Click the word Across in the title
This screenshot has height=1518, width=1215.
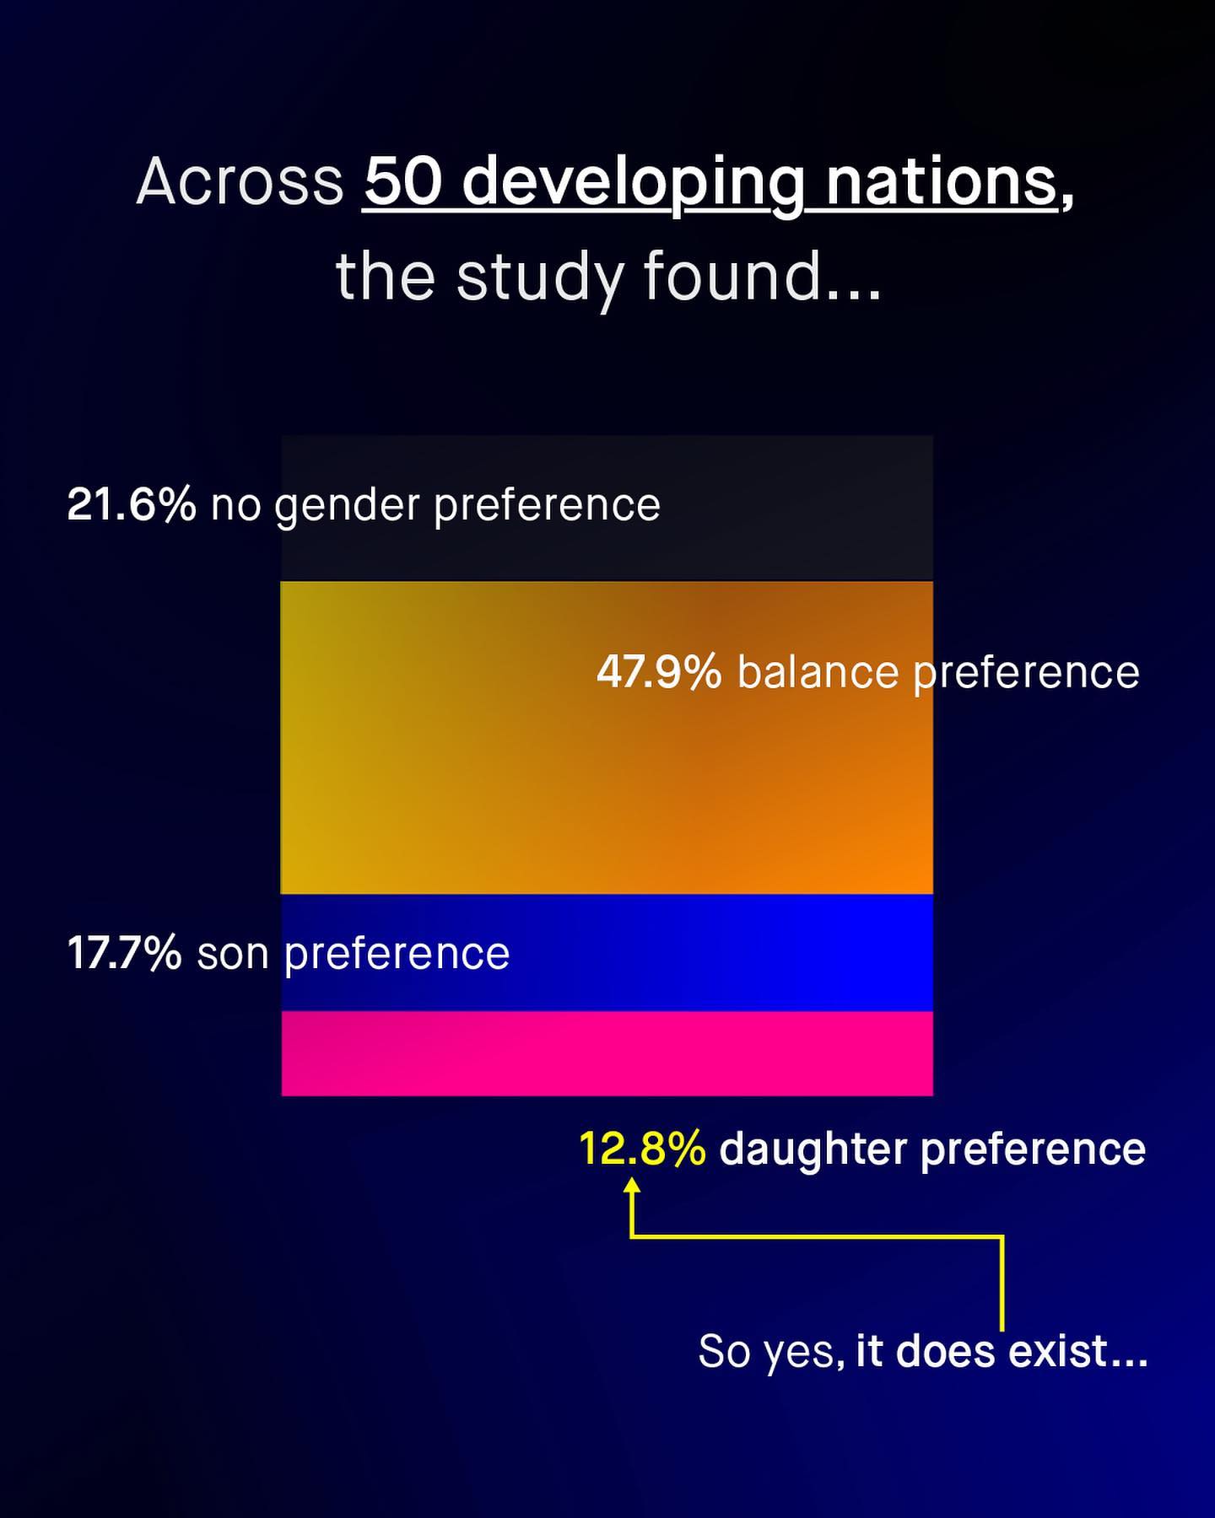click(240, 181)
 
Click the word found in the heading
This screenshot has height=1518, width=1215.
click(732, 275)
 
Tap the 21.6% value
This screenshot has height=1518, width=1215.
click(132, 504)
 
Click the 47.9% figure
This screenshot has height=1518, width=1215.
click(660, 672)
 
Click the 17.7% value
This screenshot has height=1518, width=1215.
click(124, 953)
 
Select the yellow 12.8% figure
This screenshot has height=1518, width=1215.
click(643, 1149)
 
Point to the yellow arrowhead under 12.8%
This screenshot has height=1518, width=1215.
click(631, 1184)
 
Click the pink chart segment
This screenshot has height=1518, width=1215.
click(607, 1053)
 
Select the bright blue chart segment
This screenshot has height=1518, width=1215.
click(607, 953)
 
